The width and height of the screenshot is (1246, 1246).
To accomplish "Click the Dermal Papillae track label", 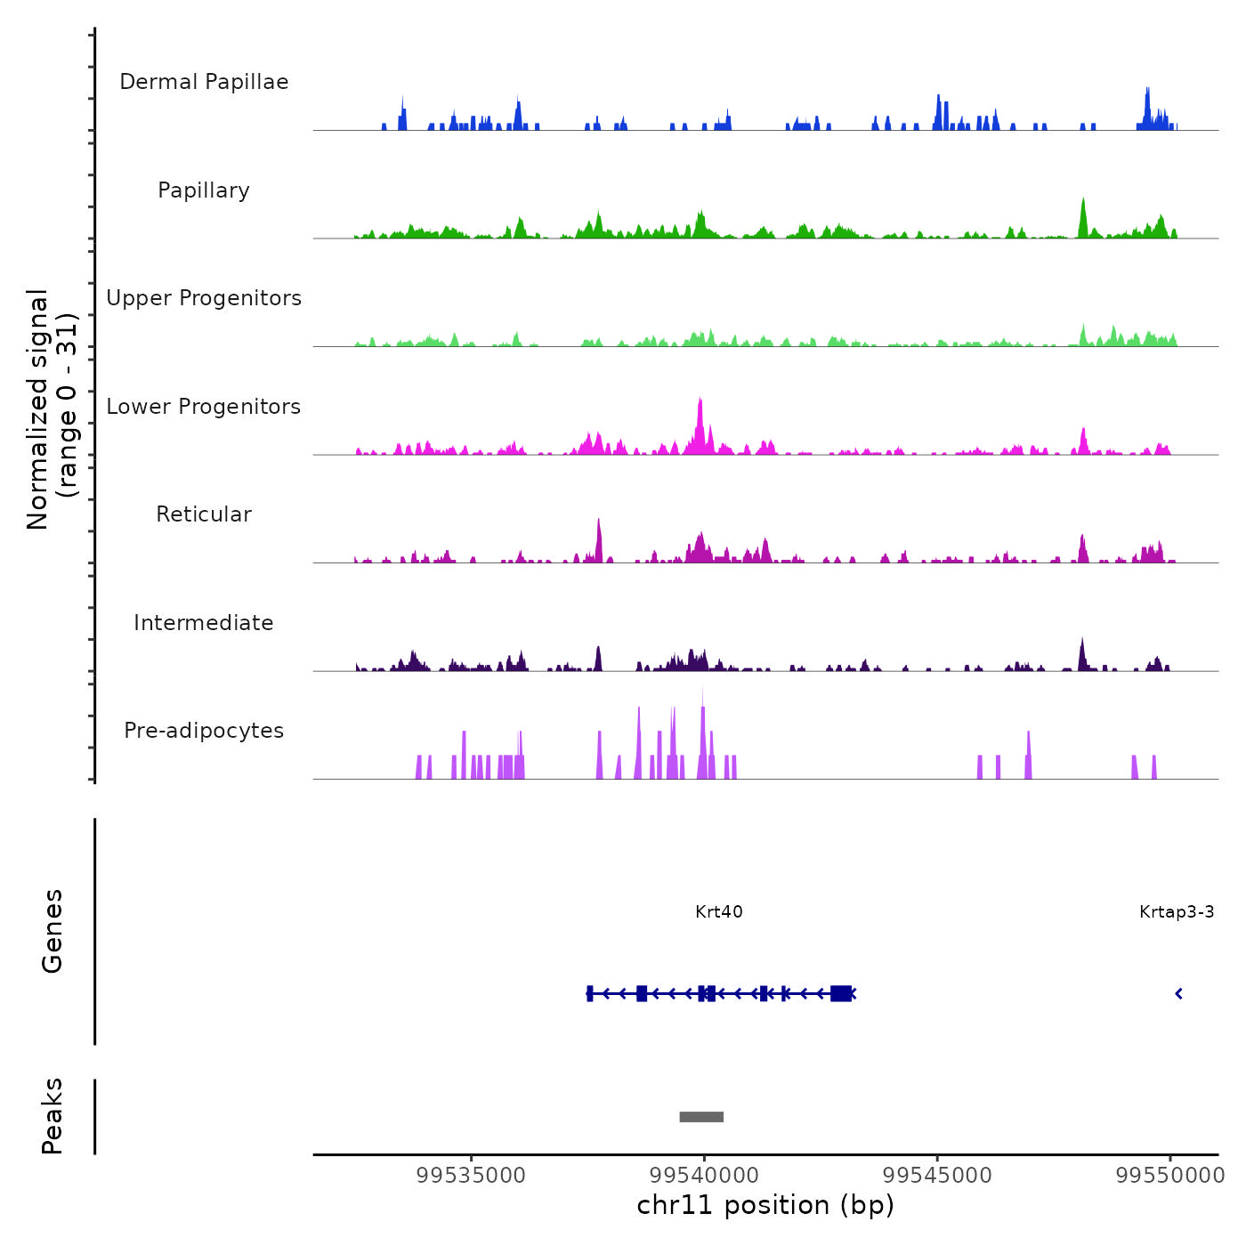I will tap(204, 82).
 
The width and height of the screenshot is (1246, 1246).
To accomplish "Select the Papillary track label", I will tap(204, 190).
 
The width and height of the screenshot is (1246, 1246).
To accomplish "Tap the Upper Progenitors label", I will tap(204, 298).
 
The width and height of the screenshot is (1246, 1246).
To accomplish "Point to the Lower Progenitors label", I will tap(204, 407).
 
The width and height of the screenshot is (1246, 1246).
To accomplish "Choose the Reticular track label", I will tap(204, 514).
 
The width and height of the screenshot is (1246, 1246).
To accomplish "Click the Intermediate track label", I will tap(204, 623).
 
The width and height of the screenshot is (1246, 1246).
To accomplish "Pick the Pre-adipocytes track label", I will tap(204, 731).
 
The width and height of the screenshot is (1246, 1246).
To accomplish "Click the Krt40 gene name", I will tap(718, 911).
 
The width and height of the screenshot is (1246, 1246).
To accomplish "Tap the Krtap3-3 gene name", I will tap(1177, 911).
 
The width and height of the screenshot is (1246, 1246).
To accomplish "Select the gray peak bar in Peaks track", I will tap(701, 1117).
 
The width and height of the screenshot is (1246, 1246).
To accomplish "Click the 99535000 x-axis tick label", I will tap(471, 1175).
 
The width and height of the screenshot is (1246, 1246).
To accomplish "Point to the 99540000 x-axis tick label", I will tap(704, 1175).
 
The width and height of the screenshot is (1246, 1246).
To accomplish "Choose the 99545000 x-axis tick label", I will tap(937, 1175).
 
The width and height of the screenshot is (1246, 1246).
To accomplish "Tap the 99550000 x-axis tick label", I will tap(1170, 1175).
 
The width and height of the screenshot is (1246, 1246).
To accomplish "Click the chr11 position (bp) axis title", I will tap(765, 1205).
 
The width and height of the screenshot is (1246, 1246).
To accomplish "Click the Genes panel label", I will tap(53, 931).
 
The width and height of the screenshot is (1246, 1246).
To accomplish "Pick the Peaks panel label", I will tap(53, 1116).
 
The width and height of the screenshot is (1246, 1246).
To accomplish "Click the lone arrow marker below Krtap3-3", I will tap(1178, 993).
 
